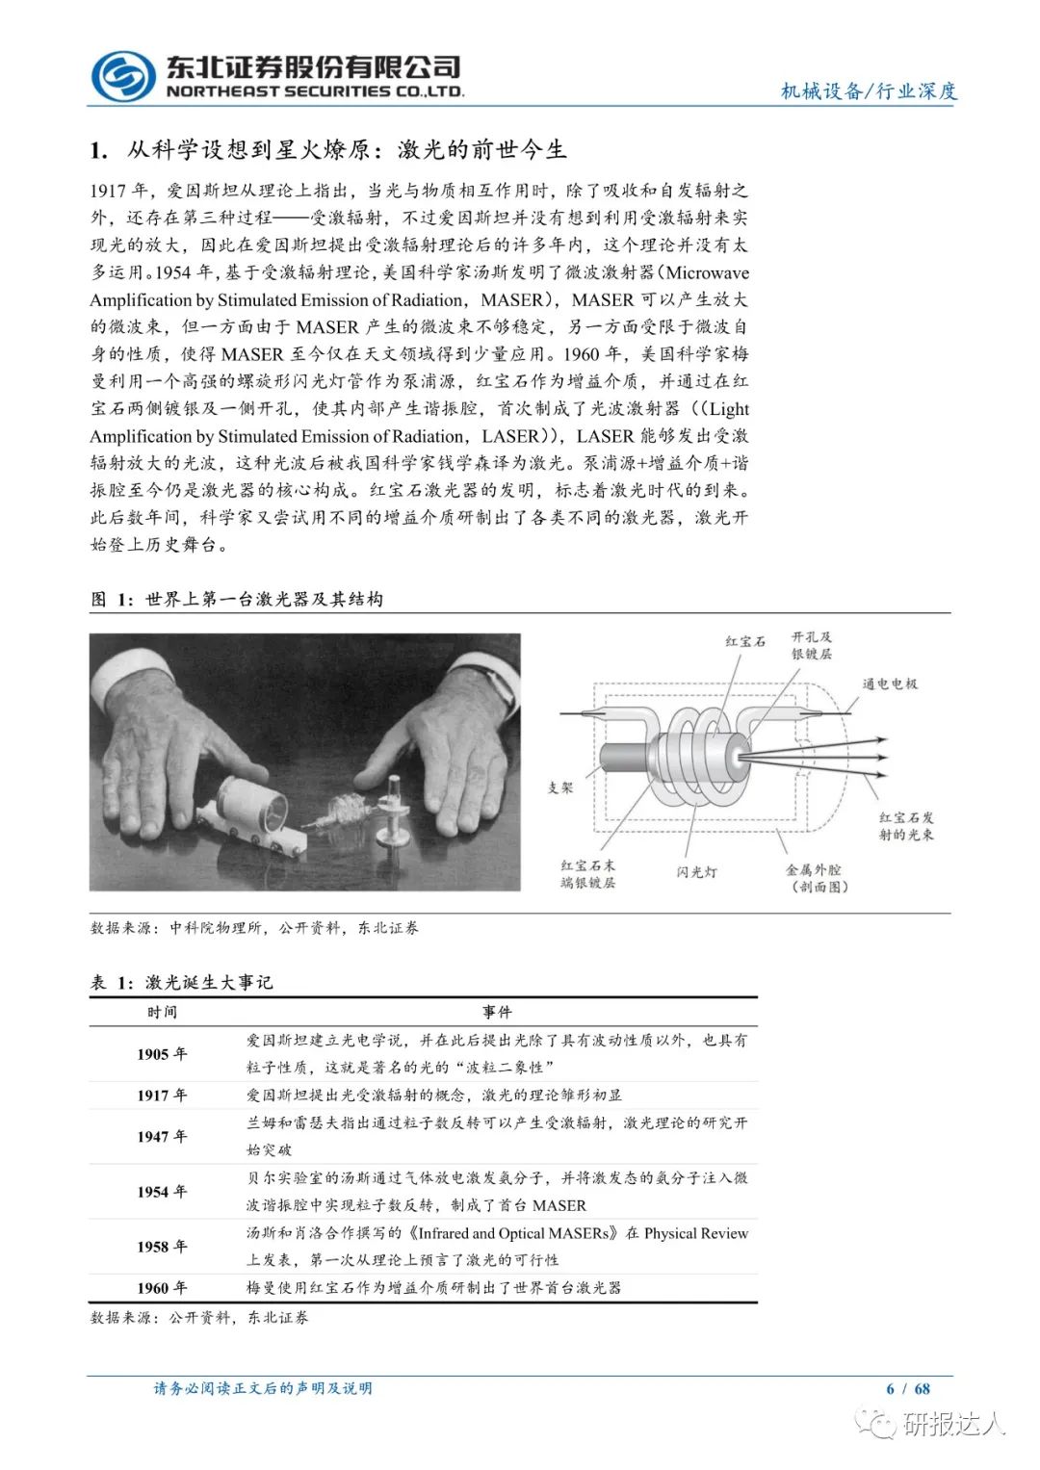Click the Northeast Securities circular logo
pyautogui.click(x=122, y=74)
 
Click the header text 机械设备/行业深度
pyautogui.click(x=869, y=91)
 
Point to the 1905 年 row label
pyautogui.click(x=162, y=1054)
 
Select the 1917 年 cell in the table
pyautogui.click(x=162, y=1096)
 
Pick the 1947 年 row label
pyautogui.click(x=162, y=1137)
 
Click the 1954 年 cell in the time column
pyautogui.click(x=162, y=1192)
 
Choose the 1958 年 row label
pyautogui.click(x=162, y=1247)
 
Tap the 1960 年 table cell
pyautogui.click(x=162, y=1288)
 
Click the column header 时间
pyautogui.click(x=162, y=1013)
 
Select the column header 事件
pyautogui.click(x=497, y=1013)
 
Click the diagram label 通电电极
pyautogui.click(x=890, y=684)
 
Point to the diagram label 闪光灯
pyautogui.click(x=696, y=872)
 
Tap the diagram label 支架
pyautogui.click(x=560, y=787)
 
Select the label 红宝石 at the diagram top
pyautogui.click(x=745, y=641)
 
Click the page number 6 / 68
pyautogui.click(x=908, y=1388)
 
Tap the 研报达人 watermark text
pyautogui.click(x=952, y=1423)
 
